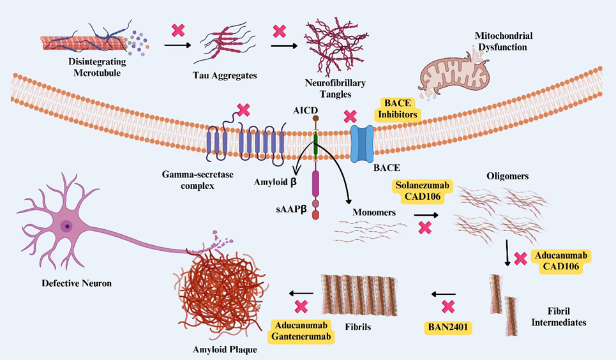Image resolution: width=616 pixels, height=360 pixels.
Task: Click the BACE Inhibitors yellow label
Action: point(400,109)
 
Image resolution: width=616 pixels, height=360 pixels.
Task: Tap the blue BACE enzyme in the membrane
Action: point(365,143)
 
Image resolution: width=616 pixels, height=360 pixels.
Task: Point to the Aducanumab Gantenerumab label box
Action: point(302,330)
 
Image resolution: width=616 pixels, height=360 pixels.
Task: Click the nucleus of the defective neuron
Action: point(66,226)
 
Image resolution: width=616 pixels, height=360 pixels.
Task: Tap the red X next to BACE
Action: point(350,117)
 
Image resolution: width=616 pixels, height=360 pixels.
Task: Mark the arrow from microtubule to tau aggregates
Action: point(178,45)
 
